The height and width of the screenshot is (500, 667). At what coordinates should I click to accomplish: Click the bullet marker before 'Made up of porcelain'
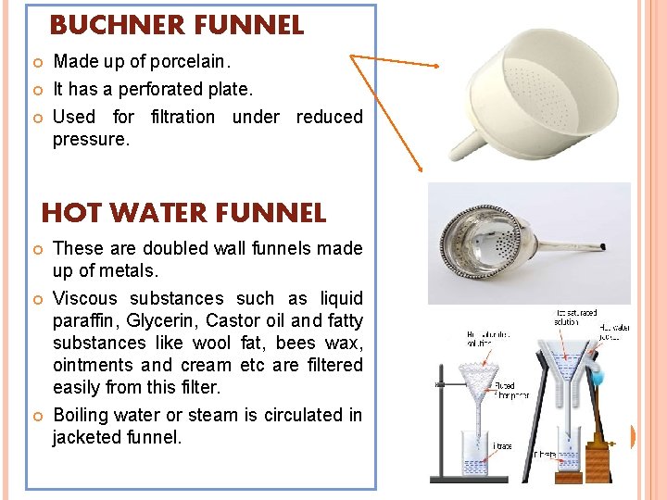(x=37, y=63)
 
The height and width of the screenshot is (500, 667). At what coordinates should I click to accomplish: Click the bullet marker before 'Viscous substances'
(x=37, y=299)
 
